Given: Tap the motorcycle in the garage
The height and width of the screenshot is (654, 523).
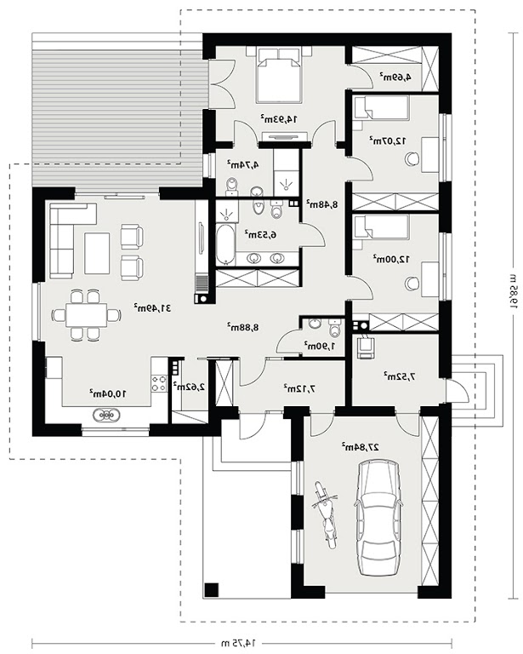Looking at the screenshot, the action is tap(325, 513).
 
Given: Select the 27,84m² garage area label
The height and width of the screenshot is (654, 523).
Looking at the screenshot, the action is tap(361, 447).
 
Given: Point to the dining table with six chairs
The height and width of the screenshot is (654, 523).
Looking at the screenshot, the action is tap(86, 314).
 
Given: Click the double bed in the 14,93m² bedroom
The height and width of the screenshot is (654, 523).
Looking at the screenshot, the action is tap(279, 75).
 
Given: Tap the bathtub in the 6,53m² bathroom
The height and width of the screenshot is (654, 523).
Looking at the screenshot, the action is tap(225, 244).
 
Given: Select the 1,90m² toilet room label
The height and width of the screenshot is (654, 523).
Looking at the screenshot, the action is tap(320, 346).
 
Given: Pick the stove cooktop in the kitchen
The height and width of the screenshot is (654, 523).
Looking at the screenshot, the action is tap(159, 383).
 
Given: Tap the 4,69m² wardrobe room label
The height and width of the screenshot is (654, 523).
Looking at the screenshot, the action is tap(395, 77).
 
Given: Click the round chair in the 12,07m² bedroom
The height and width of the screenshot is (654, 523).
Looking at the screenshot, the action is tap(412, 158).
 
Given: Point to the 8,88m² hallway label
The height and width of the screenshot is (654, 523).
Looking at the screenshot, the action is tap(243, 327).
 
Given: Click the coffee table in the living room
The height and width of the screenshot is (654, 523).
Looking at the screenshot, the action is tap(97, 253).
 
